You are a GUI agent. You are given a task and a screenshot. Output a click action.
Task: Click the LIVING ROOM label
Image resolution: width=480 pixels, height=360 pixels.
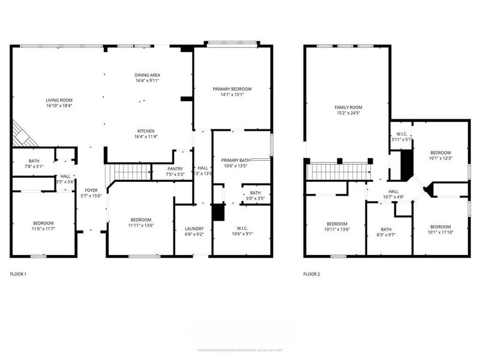tap(59, 100)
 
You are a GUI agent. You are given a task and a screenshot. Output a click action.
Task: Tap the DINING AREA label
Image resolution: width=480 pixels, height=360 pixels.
tap(147, 75)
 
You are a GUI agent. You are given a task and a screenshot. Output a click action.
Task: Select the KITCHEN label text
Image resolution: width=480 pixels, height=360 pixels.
tap(146, 131)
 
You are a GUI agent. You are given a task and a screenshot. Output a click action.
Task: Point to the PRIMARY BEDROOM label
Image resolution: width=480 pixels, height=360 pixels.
tap(232, 89)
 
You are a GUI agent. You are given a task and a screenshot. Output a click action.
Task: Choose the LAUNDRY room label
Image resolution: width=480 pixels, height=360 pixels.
tap(194, 229)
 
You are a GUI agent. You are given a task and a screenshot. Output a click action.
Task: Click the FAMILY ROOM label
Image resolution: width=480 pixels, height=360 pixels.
tap(348, 107)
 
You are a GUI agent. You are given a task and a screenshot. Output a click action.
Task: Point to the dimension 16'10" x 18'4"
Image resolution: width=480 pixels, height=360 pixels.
tap(59, 106)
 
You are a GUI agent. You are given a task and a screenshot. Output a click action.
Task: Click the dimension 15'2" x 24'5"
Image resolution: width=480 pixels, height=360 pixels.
tap(348, 113)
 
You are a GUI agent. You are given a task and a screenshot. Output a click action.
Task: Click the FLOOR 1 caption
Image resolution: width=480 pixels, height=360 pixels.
tap(18, 274)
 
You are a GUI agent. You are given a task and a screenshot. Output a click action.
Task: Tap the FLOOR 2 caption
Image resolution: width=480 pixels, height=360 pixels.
tap(311, 274)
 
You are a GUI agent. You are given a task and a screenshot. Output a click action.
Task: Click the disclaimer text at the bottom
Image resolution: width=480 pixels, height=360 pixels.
tap(240, 350)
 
